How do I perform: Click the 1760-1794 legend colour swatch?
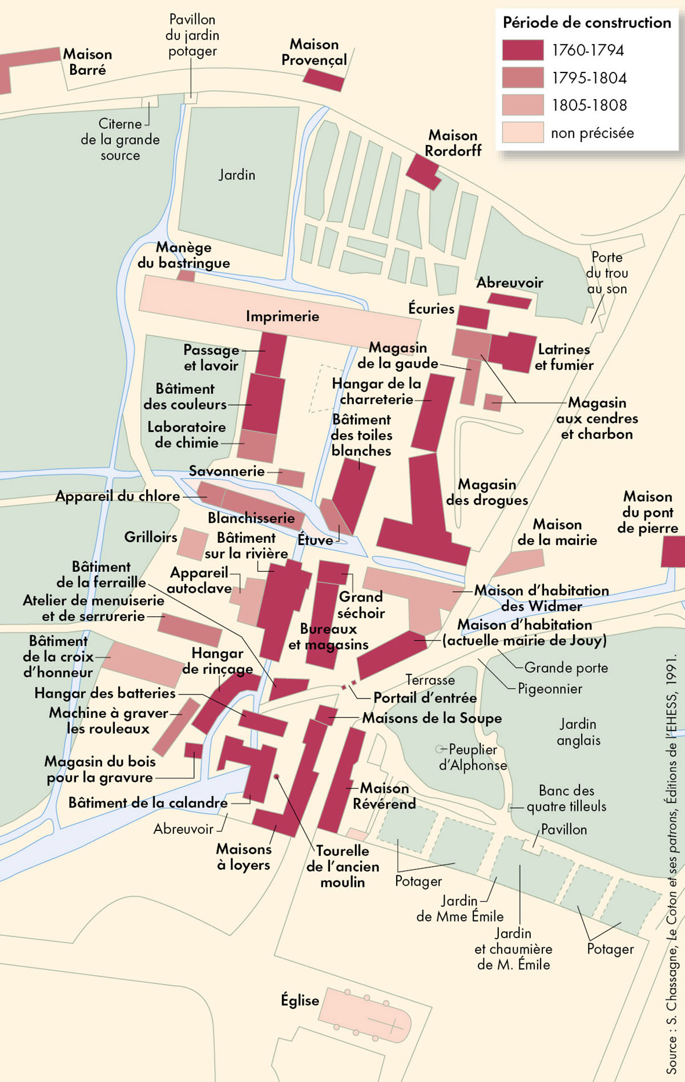pos(522,50)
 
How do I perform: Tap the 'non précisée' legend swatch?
pos(522,132)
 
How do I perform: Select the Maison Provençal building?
pos(323,79)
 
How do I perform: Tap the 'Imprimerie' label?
pos(283,316)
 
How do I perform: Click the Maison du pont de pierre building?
pos(674,551)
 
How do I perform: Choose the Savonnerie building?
pos(291,478)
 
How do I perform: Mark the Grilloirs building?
pos(192,544)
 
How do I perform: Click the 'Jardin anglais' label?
pos(578,732)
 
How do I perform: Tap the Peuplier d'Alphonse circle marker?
pos(439,749)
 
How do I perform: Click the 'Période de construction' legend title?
pos(587,23)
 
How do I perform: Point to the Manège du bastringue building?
pos(186,276)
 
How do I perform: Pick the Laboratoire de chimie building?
pos(257,446)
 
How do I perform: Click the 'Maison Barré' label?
pos(87,62)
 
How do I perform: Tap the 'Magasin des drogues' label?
pos(487,492)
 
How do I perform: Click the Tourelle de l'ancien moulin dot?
pos(276,777)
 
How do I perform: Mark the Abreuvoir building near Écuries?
pos(509,301)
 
